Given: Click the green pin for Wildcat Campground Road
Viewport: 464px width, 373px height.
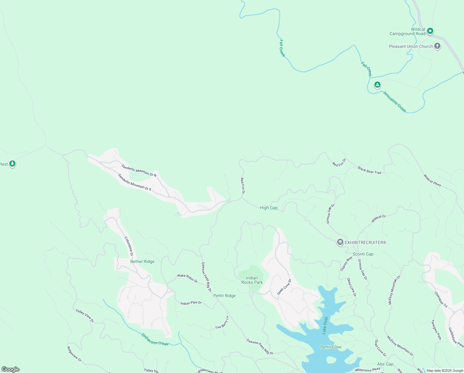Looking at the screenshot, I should pyautogui.click(x=430, y=31).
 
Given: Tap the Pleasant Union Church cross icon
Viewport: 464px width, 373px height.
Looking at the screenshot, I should pyautogui.click(x=437, y=46).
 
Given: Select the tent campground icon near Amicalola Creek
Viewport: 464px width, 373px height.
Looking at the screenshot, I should pyautogui.click(x=377, y=85).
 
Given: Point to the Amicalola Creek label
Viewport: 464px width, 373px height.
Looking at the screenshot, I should pyautogui.click(x=394, y=102).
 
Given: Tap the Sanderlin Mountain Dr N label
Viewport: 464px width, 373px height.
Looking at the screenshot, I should pyautogui.click(x=139, y=171).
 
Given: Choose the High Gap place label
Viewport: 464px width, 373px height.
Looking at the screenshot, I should pyautogui.click(x=269, y=208).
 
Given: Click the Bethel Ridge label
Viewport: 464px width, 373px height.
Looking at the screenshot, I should pyautogui.click(x=142, y=261).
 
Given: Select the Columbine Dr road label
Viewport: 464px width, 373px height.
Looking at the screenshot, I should pyautogui.click(x=129, y=246).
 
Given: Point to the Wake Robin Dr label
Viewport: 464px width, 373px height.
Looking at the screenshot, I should pyautogui.click(x=187, y=278).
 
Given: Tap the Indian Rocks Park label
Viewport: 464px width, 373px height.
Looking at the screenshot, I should pyautogui.click(x=252, y=280).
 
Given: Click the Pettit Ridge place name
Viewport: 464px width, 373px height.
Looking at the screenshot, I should pyautogui.click(x=224, y=296).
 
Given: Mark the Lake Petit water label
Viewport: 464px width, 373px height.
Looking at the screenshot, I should pyautogui.click(x=325, y=325).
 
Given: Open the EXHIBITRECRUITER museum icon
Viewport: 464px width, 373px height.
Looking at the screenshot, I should pyautogui.click(x=340, y=242).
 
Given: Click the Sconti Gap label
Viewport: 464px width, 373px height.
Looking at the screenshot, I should pyautogui.click(x=363, y=254).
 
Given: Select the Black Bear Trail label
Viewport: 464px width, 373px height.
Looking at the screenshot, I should pyautogui.click(x=369, y=170).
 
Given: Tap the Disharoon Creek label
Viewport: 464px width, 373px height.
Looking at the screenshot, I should pyautogui.click(x=155, y=339).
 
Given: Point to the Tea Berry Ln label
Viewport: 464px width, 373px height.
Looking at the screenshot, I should pyautogui.click(x=222, y=323).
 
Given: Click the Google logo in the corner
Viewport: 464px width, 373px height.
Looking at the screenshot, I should pyautogui.click(x=11, y=369).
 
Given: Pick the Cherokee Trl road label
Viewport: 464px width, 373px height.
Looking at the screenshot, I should pyautogui.click(x=441, y=300).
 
